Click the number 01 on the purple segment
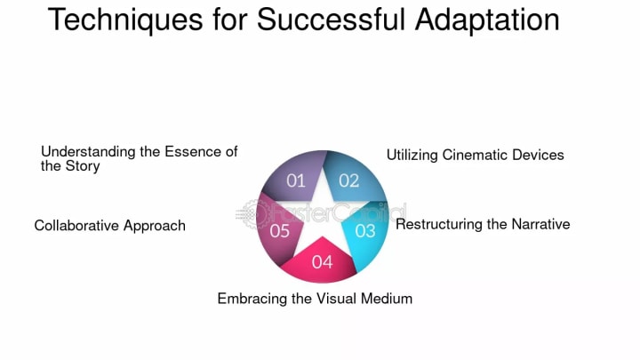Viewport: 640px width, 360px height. (x=296, y=181)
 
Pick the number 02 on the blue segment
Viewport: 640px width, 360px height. (x=348, y=181)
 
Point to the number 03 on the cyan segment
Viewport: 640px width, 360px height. (x=365, y=231)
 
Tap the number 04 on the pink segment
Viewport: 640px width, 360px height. (x=322, y=262)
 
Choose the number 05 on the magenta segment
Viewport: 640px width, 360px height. (x=280, y=231)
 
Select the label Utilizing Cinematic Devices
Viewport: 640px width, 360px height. (x=475, y=155)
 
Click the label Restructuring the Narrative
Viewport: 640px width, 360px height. (x=483, y=224)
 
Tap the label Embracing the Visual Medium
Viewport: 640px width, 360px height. (x=315, y=299)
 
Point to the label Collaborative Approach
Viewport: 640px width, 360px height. (x=109, y=226)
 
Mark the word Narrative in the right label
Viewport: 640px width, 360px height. (x=540, y=224)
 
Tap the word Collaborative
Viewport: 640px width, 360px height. (x=76, y=226)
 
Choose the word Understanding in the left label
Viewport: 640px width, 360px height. (x=87, y=152)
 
